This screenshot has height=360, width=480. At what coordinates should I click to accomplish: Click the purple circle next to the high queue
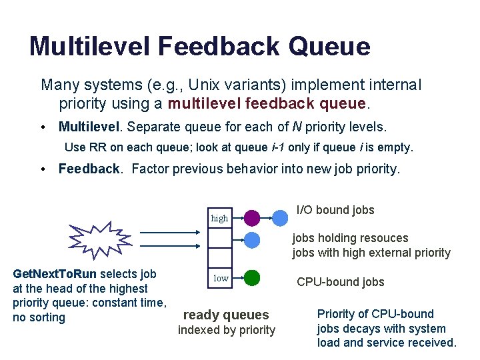[252, 217]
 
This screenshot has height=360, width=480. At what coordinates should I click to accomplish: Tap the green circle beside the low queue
[252, 277]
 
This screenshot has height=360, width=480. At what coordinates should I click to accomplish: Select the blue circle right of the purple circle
[281, 217]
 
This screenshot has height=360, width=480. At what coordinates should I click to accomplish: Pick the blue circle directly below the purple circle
[252, 240]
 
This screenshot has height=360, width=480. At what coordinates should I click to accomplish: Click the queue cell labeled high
[219, 218]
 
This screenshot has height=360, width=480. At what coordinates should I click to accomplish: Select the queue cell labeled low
[220, 278]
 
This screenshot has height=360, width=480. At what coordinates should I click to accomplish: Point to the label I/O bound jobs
[335, 210]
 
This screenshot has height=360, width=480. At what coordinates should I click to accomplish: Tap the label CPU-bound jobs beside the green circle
[341, 282]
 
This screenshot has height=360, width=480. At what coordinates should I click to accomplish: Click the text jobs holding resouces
[350, 238]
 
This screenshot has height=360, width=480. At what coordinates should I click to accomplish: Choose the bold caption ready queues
[226, 315]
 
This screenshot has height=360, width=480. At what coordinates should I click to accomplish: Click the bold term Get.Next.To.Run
[55, 274]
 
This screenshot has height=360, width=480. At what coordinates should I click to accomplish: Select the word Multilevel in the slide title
[89, 47]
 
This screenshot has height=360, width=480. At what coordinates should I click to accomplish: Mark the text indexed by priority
[226, 330]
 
